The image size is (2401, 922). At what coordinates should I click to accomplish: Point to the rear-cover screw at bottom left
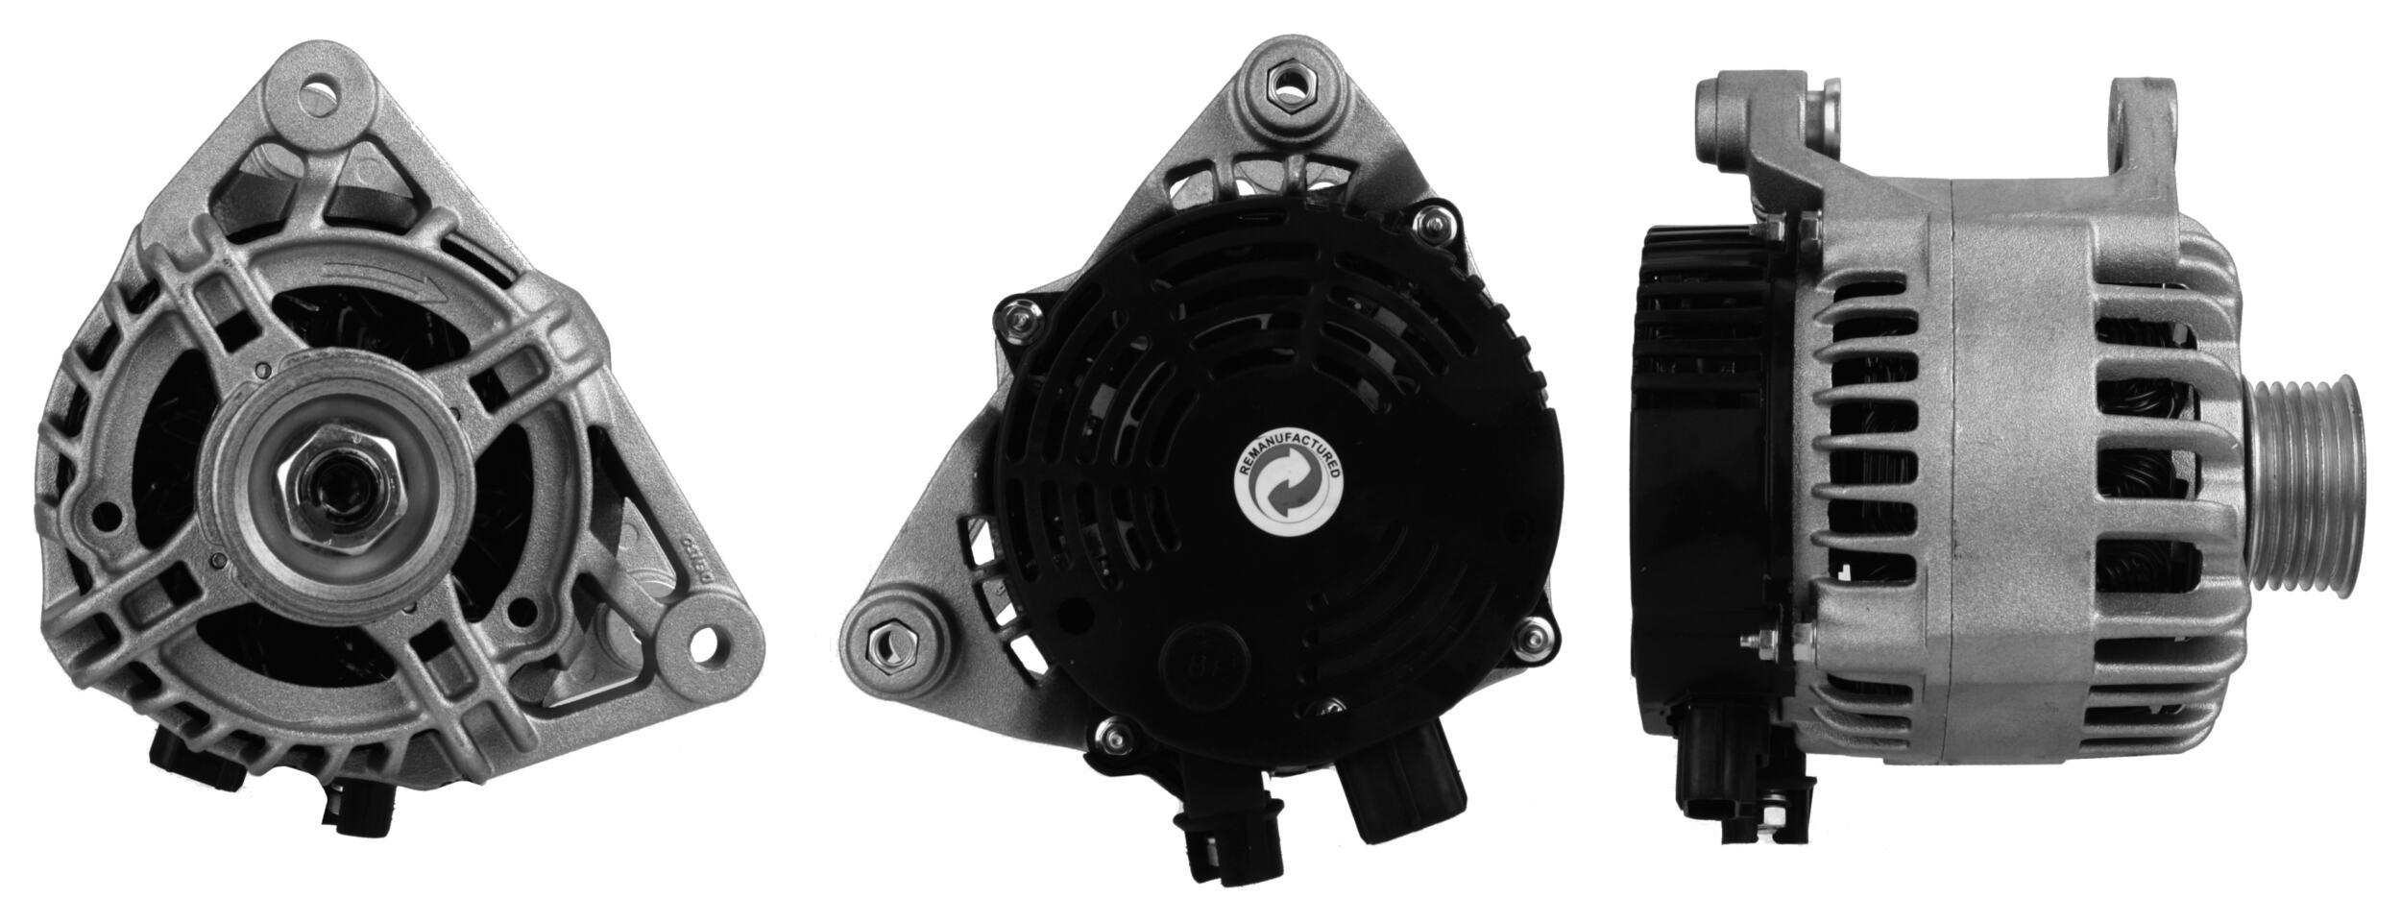point(1111,735)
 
